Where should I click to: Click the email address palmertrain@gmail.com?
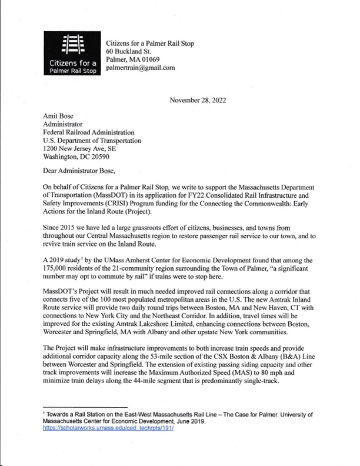[140, 68]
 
